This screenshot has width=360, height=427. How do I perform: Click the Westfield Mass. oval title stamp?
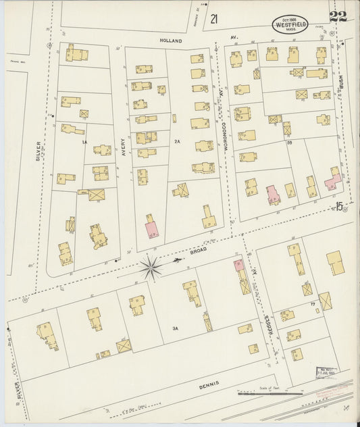coord(289,23)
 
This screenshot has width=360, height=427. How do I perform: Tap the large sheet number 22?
coord(338,17)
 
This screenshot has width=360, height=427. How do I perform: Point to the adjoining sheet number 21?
coord(214,19)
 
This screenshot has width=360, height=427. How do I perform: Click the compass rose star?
coord(150,267)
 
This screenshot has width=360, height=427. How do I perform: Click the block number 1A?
coord(84,142)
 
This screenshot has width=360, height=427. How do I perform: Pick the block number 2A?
coord(177,142)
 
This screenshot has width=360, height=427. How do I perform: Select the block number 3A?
coord(175,328)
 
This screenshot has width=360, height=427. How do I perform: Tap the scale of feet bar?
coord(270,393)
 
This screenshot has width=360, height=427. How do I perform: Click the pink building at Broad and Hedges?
coord(238,266)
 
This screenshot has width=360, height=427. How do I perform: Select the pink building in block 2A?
coord(151,228)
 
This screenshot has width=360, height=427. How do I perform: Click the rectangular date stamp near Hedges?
coord(327,371)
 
